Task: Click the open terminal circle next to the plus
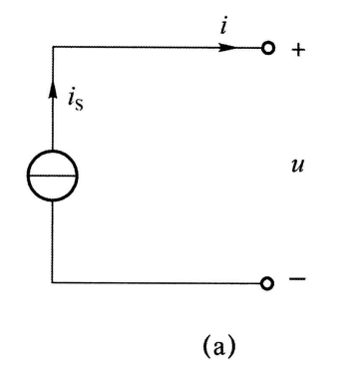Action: [x=267, y=46]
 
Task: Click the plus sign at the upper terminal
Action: [x=296, y=46]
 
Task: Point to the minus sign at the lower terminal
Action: [x=296, y=280]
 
